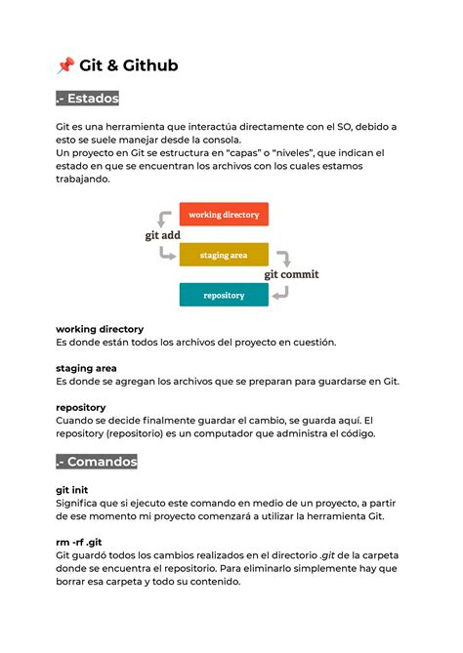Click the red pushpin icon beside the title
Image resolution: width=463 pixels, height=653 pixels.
coord(65,65)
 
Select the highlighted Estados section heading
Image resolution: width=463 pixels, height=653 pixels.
coord(88,99)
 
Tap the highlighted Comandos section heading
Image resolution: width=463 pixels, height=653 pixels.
coord(97,461)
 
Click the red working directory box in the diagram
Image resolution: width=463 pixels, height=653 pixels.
coord(224,215)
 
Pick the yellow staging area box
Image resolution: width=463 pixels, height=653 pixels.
coord(224,255)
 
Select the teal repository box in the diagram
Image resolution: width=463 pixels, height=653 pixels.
coord(224,295)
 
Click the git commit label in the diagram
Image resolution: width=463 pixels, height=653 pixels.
coord(291,275)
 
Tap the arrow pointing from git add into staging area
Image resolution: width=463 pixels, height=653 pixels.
coord(167,253)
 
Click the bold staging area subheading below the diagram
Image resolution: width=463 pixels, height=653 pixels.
coord(86,368)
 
